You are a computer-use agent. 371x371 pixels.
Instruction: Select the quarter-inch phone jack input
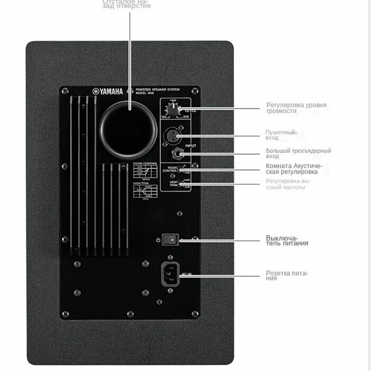pos(178,154)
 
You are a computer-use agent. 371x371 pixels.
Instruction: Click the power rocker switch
pos(173,239)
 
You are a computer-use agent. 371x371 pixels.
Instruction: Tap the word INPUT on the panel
pos(191,146)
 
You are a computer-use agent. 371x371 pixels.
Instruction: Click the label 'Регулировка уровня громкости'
pos(296,108)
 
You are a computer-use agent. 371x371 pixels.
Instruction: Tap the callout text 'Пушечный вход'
pos(280,135)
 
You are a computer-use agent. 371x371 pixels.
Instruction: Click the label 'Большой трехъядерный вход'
pos(298,154)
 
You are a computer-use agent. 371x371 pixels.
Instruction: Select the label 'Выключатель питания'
pos(287,240)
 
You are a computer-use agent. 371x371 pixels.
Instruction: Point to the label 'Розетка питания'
pos(287,275)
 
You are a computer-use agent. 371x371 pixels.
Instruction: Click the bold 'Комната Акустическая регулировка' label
pos(294,169)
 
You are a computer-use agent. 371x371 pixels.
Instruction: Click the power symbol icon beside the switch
pos(159,240)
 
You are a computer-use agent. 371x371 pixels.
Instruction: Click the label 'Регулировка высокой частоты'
pos(288,184)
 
